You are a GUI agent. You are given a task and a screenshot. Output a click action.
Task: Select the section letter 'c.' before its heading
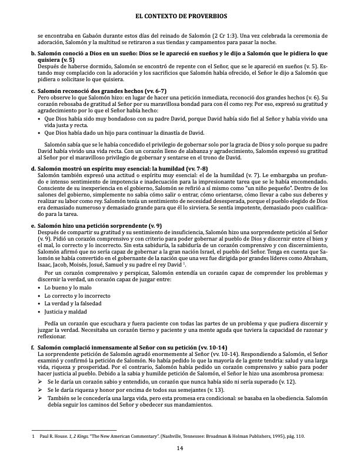tap(32, 91)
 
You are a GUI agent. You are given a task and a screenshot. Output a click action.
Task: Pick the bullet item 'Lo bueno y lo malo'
tap(64, 287)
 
